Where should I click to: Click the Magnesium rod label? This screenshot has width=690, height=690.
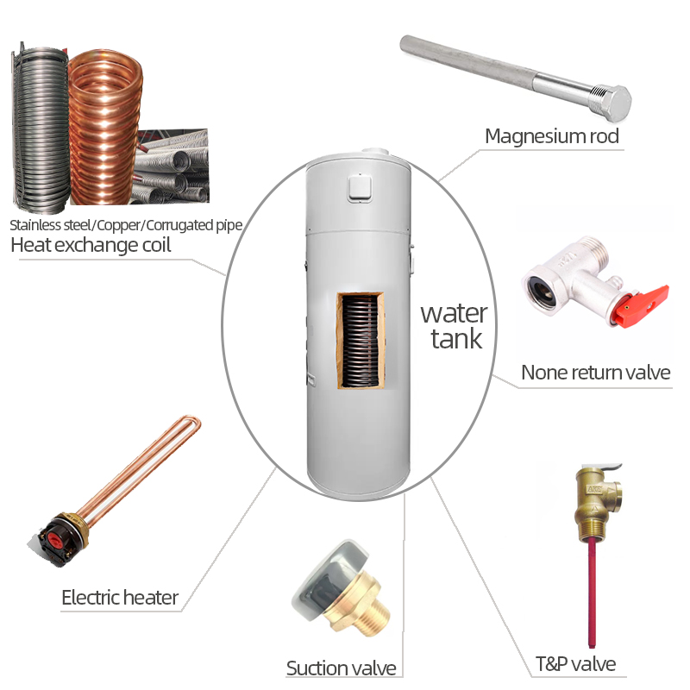(551, 135)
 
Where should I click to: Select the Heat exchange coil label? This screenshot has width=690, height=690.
(91, 245)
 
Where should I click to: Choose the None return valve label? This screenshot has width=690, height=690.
(595, 373)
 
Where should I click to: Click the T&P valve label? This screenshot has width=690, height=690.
(575, 664)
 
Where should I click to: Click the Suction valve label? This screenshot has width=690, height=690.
(341, 668)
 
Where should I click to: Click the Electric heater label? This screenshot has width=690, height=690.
(120, 597)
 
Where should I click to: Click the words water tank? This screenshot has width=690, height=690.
(454, 325)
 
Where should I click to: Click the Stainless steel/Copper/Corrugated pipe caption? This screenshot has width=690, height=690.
(126, 225)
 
